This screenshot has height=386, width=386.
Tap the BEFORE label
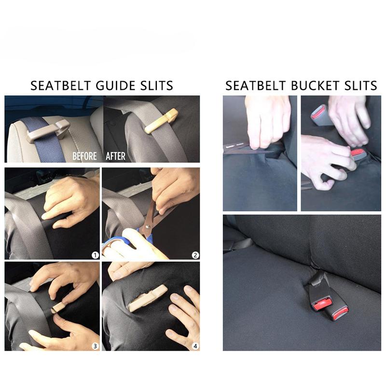[x=84, y=156]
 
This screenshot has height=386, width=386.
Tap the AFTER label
[x=115, y=156]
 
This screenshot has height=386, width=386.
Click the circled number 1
[x=95, y=255]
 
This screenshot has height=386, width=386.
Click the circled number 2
[x=195, y=255]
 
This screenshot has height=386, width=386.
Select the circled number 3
[x=95, y=345]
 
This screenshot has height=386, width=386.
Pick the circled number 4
[x=195, y=345]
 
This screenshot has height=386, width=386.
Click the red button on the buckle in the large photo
[x=322, y=304]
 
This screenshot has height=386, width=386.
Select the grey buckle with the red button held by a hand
[x=319, y=115]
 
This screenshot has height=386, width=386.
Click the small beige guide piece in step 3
[x=58, y=307]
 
